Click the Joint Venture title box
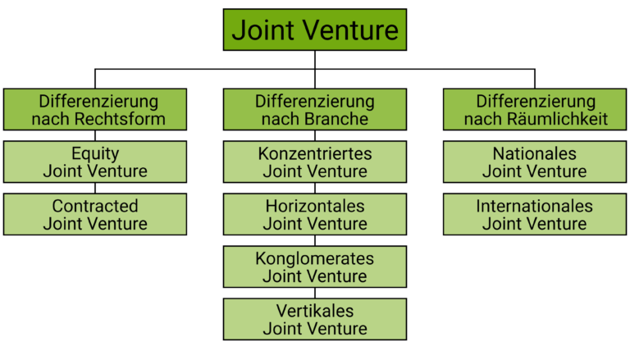click(x=315, y=30)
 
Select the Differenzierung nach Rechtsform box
click(x=95, y=110)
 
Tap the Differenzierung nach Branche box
click(x=315, y=110)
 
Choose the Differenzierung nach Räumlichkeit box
click(x=535, y=110)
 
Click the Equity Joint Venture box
click(x=95, y=162)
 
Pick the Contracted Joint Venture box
click(x=95, y=215)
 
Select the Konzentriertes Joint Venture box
click(x=315, y=162)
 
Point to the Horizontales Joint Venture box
click(x=315, y=215)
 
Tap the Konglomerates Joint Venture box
click(x=315, y=267)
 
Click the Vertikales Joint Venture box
click(x=315, y=320)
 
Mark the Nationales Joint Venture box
click(x=535, y=162)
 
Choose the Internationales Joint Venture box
click(x=535, y=215)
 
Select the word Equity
click(x=95, y=153)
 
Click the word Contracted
click(x=95, y=206)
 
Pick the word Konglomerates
click(x=315, y=258)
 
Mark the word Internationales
click(x=535, y=206)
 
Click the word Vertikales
click(x=315, y=311)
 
